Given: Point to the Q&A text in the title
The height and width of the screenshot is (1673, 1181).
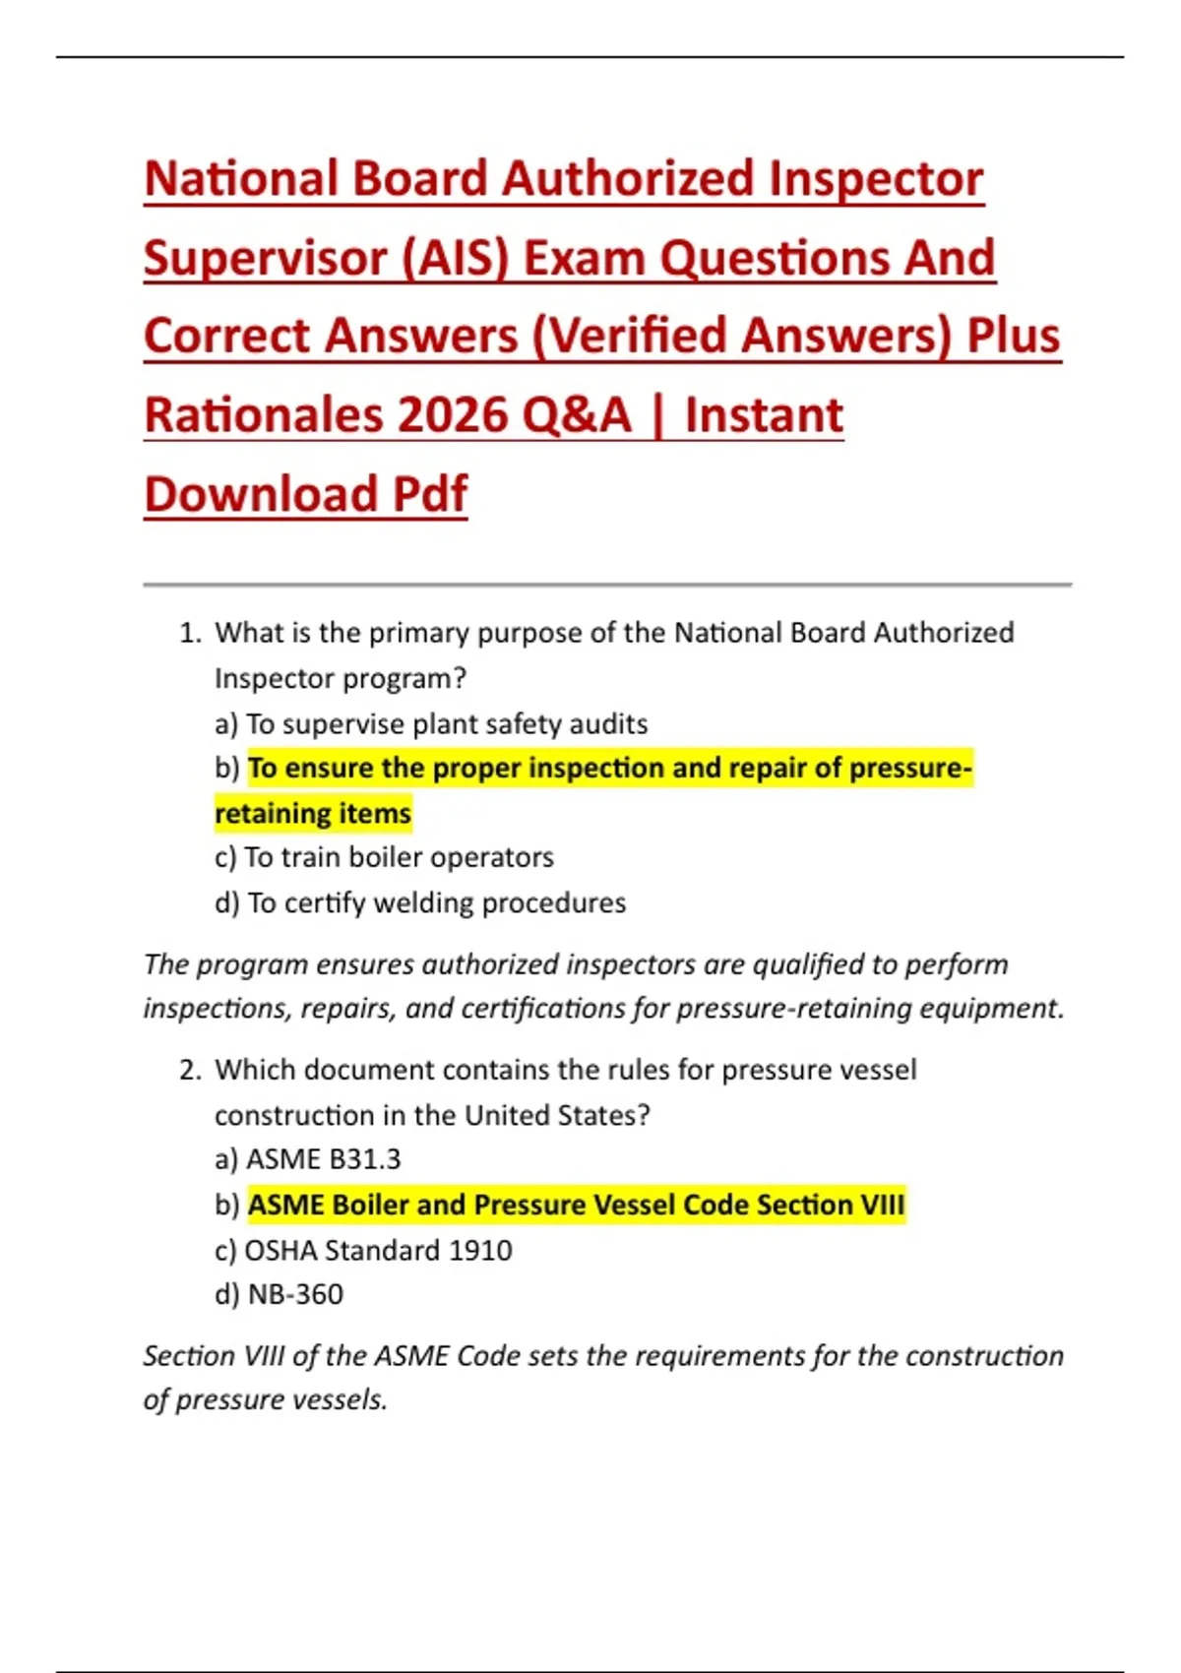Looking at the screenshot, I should pyautogui.click(x=576, y=415).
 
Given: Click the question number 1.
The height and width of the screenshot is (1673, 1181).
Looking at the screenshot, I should pyautogui.click(x=189, y=633).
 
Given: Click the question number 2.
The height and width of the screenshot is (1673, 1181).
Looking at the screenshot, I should pyautogui.click(x=189, y=1070).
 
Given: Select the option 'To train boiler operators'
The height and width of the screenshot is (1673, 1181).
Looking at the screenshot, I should pyautogui.click(x=399, y=857).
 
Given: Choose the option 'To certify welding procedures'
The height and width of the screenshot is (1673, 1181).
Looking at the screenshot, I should pyautogui.click(x=436, y=902).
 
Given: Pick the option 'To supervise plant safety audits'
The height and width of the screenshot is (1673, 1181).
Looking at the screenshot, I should pyautogui.click(x=446, y=724).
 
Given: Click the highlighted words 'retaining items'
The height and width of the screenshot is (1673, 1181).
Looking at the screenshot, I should pyautogui.click(x=313, y=814).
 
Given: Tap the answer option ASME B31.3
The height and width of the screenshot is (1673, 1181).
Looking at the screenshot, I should pyautogui.click(x=324, y=1159).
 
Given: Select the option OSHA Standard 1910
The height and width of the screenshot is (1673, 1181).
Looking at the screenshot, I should pyautogui.click(x=378, y=1250).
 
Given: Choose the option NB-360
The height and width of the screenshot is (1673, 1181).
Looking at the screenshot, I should pyautogui.click(x=295, y=1294).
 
